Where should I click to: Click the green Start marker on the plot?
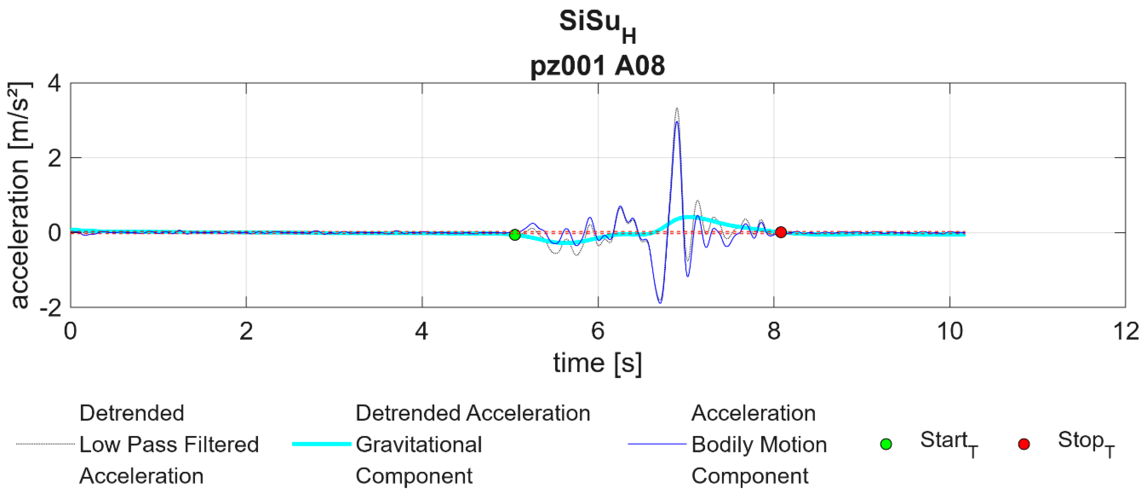point(515,235)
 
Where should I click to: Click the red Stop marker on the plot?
point(781,232)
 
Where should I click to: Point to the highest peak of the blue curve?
point(676,122)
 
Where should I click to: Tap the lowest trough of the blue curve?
point(660,303)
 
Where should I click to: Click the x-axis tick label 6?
point(598,331)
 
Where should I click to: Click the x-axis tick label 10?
point(950,331)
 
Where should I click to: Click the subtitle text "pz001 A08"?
point(598,66)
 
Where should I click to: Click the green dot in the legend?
point(886,444)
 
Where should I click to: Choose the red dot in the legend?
point(1024,444)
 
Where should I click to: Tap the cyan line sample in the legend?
point(322,444)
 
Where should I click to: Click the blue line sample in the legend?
point(657,444)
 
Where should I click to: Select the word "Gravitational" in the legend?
point(419,444)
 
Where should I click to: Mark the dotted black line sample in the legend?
point(45,444)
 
